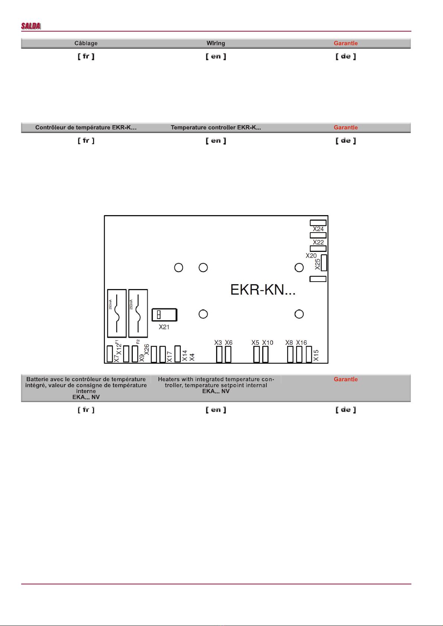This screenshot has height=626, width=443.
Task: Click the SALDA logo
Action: point(31,26)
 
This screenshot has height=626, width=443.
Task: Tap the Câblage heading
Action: point(86,43)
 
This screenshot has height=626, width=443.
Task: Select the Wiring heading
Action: point(216,43)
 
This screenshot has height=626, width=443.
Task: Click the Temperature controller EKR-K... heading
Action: point(216,127)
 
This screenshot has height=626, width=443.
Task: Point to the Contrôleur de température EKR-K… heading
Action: point(86,127)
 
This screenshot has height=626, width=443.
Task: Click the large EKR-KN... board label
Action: point(263,289)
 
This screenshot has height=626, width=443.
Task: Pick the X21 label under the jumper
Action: point(164,327)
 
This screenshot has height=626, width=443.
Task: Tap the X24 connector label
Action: point(318,229)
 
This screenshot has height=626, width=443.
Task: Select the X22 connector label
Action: point(318,242)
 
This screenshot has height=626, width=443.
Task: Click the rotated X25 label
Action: point(317,265)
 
